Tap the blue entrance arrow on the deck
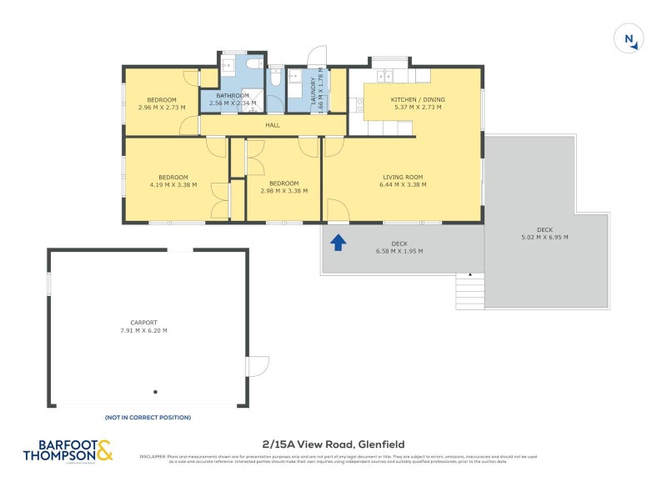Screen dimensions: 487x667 (339, 242)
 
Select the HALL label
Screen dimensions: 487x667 (273, 126)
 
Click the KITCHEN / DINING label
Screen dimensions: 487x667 (418, 100)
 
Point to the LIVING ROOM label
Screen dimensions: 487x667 (403, 177)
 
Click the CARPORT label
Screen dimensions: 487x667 (143, 323)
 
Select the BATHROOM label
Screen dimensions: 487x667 (233, 96)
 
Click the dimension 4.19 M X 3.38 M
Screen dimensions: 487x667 (173, 185)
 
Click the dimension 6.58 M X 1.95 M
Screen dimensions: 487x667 (399, 251)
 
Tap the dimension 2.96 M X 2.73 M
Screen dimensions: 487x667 (162, 108)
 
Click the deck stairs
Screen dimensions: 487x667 (470, 292)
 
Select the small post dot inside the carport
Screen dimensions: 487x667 (155, 391)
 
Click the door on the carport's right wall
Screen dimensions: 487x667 (258, 366)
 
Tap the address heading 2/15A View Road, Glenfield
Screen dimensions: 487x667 (333, 444)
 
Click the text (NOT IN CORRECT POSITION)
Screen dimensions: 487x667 (148, 417)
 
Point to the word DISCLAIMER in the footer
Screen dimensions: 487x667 (153, 456)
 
